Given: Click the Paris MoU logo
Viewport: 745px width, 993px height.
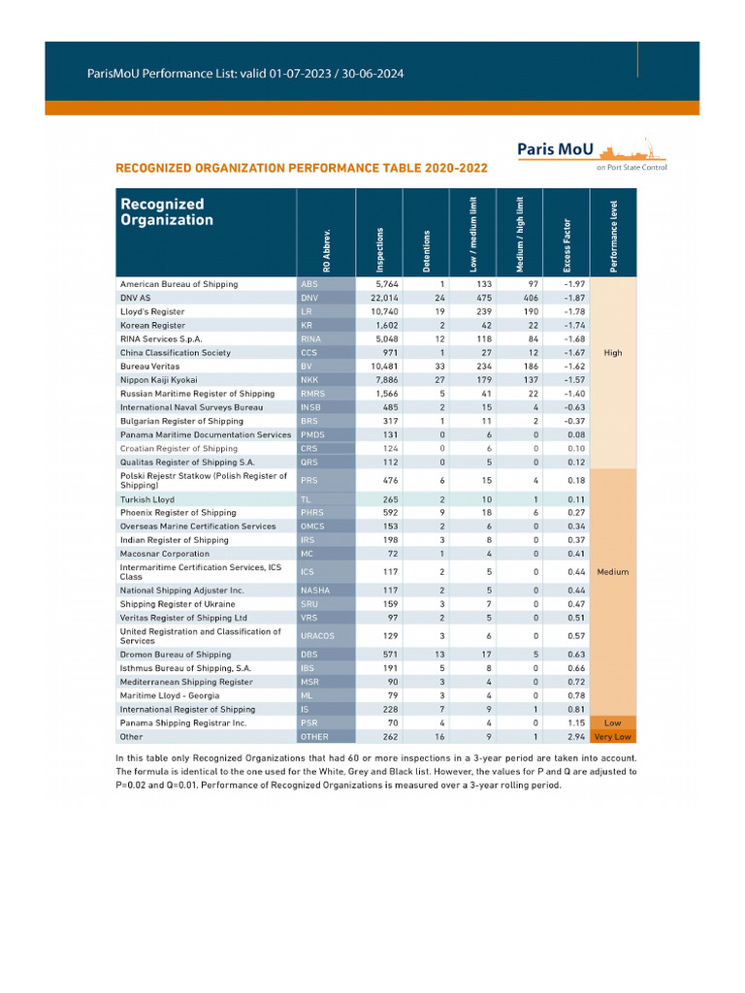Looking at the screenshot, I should (590, 152).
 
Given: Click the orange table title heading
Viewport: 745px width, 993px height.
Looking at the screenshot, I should (302, 168).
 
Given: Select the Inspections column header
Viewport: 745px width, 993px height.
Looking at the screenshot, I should (379, 249).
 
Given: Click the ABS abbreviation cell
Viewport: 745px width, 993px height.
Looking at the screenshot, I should (309, 284).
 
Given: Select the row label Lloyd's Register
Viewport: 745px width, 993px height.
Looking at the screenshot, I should (152, 312).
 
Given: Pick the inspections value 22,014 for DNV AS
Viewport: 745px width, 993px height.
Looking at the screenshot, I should (381, 298).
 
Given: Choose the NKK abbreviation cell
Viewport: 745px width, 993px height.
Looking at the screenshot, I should (310, 380).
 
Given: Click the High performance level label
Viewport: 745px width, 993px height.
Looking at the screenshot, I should (613, 353).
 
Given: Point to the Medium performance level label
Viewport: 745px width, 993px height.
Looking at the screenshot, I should (613, 571).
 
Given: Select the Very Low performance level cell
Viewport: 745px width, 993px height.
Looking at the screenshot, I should (613, 737).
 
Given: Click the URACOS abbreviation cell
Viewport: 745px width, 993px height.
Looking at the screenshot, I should (317, 635).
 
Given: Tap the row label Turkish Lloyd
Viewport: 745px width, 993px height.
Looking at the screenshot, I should (147, 498).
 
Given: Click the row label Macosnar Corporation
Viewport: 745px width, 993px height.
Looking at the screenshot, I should (164, 554).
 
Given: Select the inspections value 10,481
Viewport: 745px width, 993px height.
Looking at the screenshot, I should (382, 367).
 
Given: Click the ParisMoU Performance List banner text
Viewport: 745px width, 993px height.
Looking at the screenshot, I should (232, 74).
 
